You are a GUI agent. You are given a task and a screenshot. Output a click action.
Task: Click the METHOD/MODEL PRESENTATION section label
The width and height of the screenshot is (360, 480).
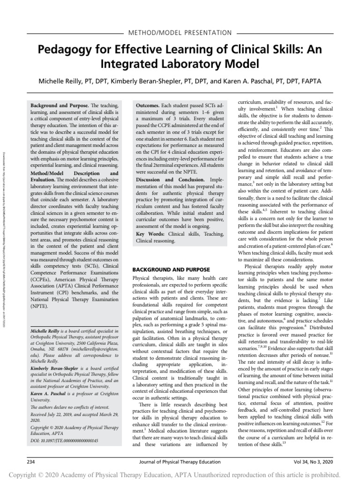[180, 33]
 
